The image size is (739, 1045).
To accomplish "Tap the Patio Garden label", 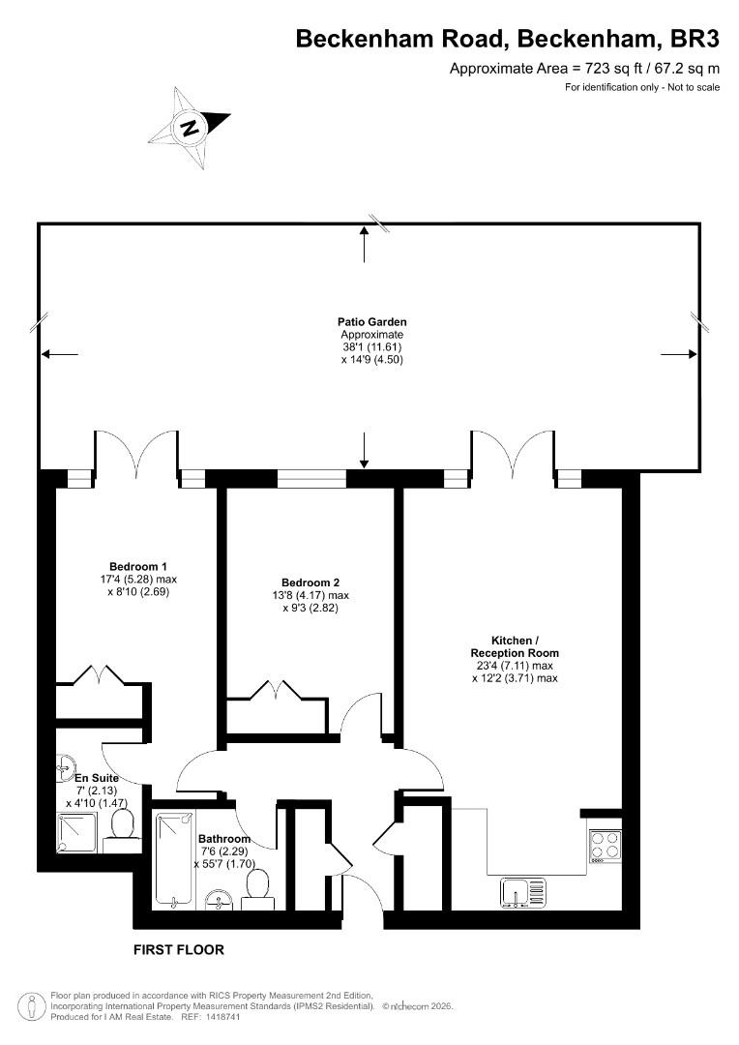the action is (371, 322).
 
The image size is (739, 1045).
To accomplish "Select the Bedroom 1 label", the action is (138, 567).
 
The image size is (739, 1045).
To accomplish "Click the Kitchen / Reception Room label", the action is (515, 646).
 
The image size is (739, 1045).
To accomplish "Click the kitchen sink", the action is (523, 893).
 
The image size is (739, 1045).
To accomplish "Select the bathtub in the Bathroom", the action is (174, 859).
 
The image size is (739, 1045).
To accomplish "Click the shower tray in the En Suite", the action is (77, 833).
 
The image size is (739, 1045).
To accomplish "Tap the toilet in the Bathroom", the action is (257, 889).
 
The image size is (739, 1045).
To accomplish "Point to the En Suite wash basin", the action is (66, 767).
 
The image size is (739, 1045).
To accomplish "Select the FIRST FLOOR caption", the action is (179, 950).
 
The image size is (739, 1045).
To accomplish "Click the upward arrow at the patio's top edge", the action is (364, 244).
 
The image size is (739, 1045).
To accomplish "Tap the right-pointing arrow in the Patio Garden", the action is (679, 354).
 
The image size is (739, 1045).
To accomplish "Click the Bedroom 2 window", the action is (311, 479).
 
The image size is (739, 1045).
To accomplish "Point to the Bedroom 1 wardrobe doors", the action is (100, 673).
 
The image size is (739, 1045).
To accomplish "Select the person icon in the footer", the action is (31, 1005).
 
